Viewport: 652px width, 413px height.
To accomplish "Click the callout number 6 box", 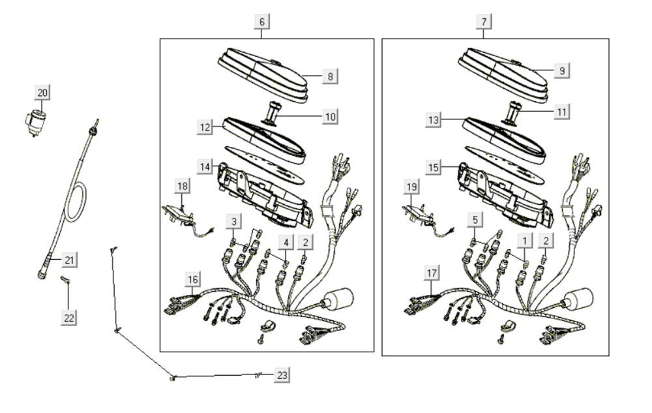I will (x=261, y=22).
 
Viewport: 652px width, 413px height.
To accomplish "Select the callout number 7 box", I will (x=484, y=22).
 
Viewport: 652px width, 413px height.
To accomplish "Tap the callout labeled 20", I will (x=42, y=93).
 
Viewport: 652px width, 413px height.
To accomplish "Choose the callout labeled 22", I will (x=69, y=317).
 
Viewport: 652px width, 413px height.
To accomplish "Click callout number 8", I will (x=330, y=76).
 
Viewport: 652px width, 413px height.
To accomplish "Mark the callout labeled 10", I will (x=331, y=117).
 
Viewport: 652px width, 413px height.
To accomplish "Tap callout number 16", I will (x=192, y=280).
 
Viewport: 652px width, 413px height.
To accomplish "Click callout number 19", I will (x=411, y=187).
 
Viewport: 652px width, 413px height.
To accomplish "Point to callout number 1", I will (x=523, y=241).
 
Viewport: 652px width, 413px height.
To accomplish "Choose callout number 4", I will (x=285, y=243).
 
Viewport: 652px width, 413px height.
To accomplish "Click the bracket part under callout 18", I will (x=177, y=213).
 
